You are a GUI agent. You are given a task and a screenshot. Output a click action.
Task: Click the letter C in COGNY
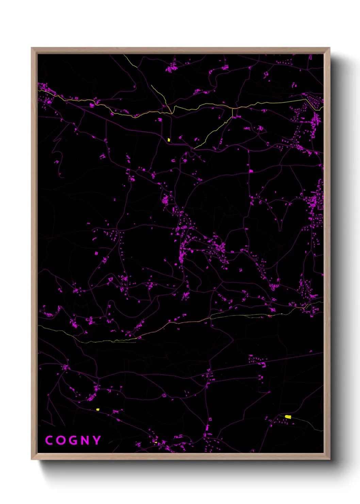pos(49,440)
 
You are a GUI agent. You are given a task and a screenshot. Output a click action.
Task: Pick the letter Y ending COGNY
pos(97,440)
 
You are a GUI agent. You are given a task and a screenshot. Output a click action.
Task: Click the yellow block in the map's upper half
pos(169,140)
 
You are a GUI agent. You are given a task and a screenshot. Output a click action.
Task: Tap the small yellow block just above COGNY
pos(98,409)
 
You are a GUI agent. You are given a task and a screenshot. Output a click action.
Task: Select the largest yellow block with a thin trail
pos(288,417)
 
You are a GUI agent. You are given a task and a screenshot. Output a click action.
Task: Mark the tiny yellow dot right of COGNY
pos(155,442)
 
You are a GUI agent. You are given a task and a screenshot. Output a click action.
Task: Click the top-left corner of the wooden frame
pos(32,48)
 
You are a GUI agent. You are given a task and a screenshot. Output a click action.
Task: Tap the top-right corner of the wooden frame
pos(329,48)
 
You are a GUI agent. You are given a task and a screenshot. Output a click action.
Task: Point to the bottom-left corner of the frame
pos(32,459)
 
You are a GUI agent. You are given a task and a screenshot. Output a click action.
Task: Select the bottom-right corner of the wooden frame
pos(329,459)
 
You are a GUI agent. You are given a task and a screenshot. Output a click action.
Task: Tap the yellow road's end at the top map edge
pos(124,54)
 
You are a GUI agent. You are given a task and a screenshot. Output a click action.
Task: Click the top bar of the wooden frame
pos(180,50)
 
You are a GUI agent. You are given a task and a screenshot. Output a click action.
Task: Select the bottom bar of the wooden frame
pos(180,456)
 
